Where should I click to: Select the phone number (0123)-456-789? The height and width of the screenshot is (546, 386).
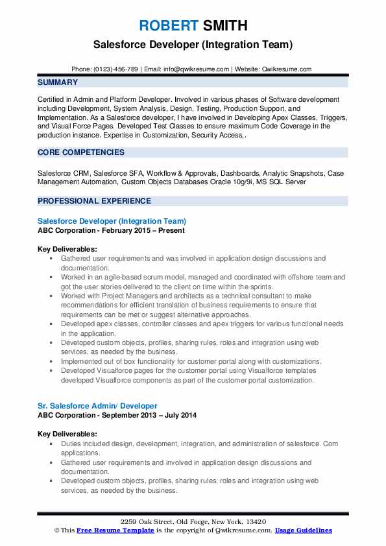(x=116, y=69)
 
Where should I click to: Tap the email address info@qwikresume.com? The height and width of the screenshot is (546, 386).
(x=197, y=69)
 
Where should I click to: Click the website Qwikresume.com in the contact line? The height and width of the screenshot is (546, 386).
(x=287, y=69)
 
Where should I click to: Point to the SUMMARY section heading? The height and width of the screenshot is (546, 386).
(x=58, y=82)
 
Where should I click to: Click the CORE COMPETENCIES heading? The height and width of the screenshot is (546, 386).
(x=81, y=152)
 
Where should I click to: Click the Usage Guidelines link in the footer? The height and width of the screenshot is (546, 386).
(x=303, y=530)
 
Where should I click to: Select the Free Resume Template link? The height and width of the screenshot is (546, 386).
(x=115, y=530)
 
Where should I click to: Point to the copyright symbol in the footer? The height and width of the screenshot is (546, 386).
(x=56, y=530)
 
